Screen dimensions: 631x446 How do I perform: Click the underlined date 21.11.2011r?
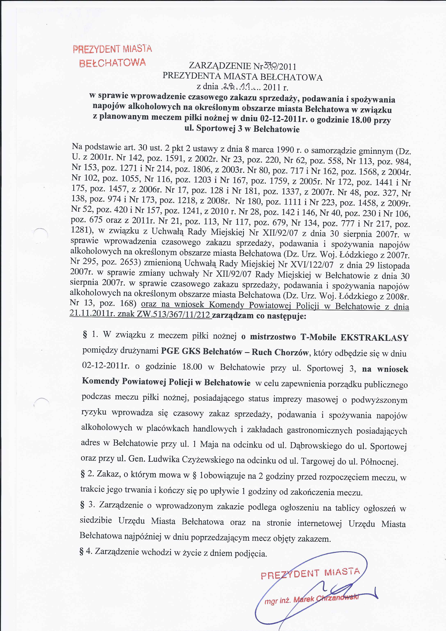[x=92, y=314]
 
